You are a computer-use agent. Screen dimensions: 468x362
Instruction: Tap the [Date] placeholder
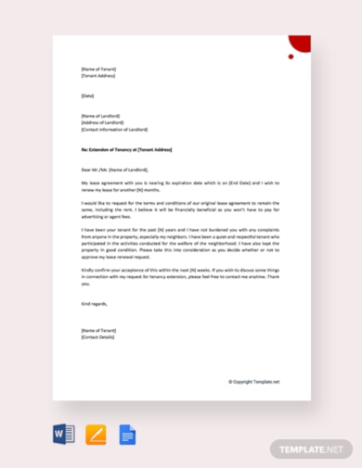click(x=87, y=96)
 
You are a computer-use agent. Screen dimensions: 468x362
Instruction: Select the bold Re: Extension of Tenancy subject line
click(x=125, y=149)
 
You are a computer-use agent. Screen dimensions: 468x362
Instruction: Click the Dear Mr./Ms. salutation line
click(x=113, y=170)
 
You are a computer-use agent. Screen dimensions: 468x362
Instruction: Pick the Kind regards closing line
click(x=94, y=302)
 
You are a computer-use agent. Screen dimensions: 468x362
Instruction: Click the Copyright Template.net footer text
click(x=253, y=381)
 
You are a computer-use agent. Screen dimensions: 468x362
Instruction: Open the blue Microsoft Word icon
click(x=63, y=433)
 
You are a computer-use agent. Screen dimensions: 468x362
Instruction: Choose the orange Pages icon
click(x=96, y=433)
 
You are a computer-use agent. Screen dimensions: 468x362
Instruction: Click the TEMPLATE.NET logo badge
click(x=313, y=449)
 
